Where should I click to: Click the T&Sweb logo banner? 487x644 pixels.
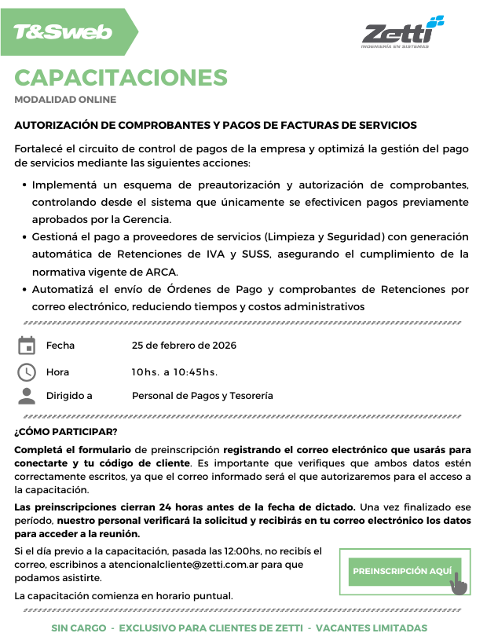pyautogui.click(x=67, y=32)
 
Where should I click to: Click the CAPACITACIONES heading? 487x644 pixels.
pyautogui.click(x=121, y=78)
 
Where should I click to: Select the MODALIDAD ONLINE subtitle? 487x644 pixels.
pyautogui.click(x=65, y=100)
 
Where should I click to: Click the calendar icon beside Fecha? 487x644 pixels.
pyautogui.click(x=27, y=346)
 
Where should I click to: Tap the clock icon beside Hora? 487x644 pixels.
pyautogui.click(x=27, y=371)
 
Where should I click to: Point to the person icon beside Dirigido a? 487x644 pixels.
pyautogui.click(x=27, y=396)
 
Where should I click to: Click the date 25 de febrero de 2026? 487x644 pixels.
pyautogui.click(x=184, y=346)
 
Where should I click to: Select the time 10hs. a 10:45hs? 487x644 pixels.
pyautogui.click(x=174, y=371)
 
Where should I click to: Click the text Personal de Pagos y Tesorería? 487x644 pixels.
pyautogui.click(x=203, y=396)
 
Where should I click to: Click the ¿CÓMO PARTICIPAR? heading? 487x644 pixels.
pyautogui.click(x=66, y=432)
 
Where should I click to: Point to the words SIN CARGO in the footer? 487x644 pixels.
pyautogui.click(x=78, y=628)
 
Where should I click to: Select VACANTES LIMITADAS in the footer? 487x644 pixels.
pyautogui.click(x=373, y=628)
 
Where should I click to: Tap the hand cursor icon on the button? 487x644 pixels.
pyautogui.click(x=458, y=584)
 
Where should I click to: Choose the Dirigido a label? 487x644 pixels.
pyautogui.click(x=69, y=396)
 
